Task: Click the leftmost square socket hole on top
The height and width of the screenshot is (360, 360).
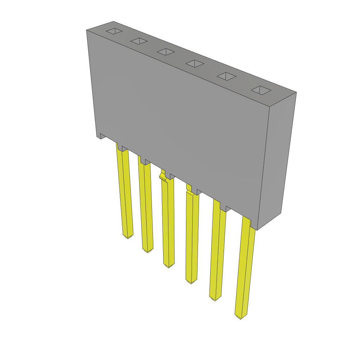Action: [114, 31]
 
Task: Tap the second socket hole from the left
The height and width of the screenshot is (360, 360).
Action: [139, 41]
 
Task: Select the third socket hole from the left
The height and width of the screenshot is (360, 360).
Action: [166, 52]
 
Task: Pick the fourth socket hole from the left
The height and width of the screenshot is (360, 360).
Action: [195, 63]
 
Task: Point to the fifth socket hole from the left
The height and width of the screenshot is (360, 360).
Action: [226, 76]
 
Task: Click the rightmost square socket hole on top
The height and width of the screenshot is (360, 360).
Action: [261, 90]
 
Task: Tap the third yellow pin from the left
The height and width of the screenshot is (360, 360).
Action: [168, 221]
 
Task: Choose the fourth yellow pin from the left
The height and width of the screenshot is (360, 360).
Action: [192, 236]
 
